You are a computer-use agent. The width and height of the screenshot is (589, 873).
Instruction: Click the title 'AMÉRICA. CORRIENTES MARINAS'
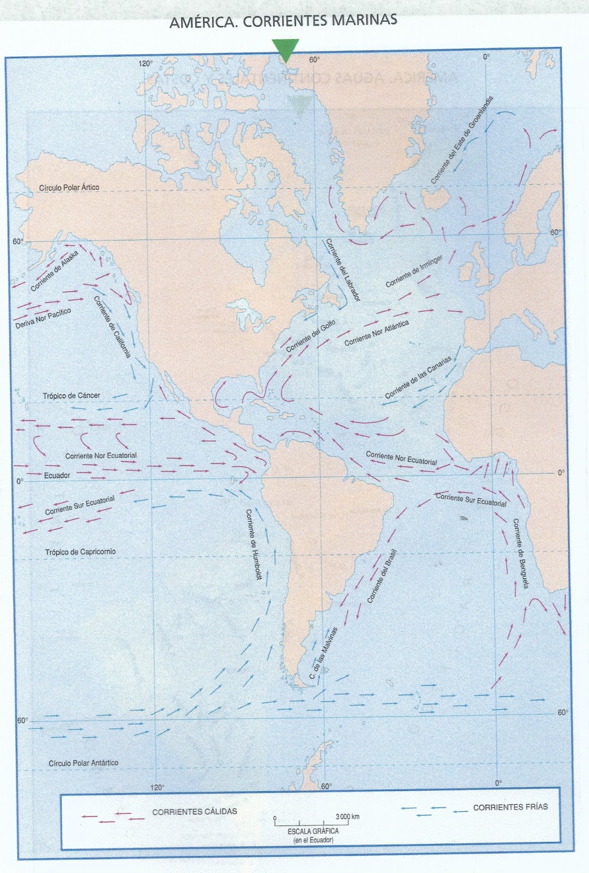283,22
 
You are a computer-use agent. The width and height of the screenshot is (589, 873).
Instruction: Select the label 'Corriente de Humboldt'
253,544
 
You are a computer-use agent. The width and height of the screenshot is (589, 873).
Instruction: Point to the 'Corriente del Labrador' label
343,270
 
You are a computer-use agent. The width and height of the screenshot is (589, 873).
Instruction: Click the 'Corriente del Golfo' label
311,337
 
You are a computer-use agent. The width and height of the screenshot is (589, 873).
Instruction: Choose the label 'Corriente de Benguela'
521,553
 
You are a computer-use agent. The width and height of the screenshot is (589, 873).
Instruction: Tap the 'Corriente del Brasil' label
382,576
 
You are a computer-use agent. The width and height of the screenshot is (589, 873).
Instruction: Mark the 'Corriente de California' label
112,327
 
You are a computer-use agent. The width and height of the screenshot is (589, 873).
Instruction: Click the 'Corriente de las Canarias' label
419,378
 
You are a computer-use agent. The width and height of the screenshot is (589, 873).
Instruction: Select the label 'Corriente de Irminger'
414,271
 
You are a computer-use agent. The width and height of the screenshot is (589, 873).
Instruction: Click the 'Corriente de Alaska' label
55,271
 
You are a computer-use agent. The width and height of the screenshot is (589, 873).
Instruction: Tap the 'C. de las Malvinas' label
324,653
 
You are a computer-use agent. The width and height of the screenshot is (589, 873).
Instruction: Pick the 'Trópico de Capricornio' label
80,552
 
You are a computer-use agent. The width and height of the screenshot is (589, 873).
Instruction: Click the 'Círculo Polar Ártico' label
69,188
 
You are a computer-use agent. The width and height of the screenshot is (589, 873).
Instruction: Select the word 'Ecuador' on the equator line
57,476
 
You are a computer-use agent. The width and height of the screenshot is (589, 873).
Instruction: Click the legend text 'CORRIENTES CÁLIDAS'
194,812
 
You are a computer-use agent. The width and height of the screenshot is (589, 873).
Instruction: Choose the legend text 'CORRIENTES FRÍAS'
510,807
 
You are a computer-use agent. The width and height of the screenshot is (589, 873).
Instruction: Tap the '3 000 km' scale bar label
347,817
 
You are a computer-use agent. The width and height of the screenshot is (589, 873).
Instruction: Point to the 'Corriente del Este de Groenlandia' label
462,140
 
